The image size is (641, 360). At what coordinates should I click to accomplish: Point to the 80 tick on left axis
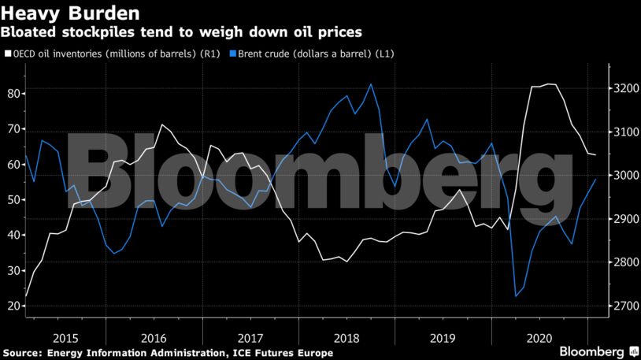(13, 94)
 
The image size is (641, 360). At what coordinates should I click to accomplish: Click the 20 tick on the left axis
(13, 306)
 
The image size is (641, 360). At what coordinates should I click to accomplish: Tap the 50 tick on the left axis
(13, 200)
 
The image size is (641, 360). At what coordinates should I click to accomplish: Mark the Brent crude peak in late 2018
(371, 84)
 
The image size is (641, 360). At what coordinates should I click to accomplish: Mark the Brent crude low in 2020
(516, 296)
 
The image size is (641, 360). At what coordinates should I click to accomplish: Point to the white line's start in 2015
(26, 296)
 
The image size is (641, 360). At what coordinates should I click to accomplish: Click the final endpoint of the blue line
(595, 180)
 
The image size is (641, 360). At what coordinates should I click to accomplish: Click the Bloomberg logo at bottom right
(598, 350)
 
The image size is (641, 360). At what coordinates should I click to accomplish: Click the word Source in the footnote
(21, 353)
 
